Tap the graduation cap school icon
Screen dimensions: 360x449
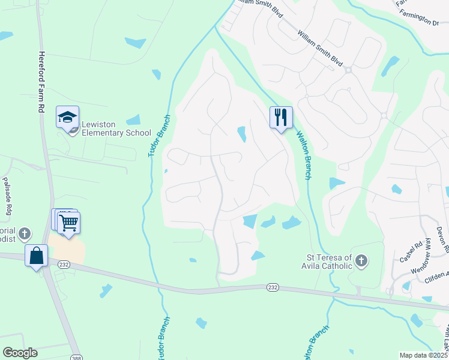tap(67, 116)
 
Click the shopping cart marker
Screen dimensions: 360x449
tap(69, 223)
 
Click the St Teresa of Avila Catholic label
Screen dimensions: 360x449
tap(327, 262)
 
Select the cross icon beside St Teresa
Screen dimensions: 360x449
tap(361, 261)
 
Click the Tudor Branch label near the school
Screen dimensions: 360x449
tap(159, 137)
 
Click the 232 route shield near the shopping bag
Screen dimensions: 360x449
tap(64, 264)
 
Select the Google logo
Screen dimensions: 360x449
tap(20, 353)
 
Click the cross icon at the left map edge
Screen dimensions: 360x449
tap(24, 232)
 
